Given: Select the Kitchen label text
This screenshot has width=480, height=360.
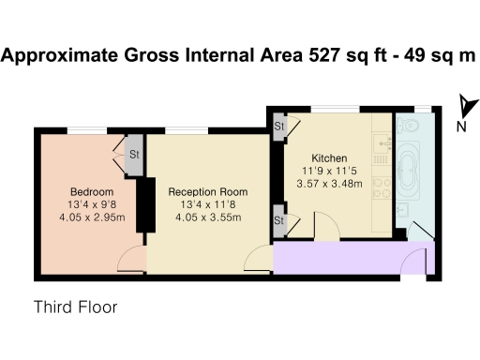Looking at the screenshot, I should pos(329,157).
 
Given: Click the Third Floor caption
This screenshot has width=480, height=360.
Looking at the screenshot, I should pos(75,307).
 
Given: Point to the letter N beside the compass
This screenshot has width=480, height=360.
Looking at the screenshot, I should pos(461,127).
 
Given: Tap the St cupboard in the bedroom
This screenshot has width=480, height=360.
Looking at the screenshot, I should pos(134,156).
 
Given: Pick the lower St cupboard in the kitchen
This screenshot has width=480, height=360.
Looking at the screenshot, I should pos(279,220).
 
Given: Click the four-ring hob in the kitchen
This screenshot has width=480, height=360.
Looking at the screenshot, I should pos(382,187).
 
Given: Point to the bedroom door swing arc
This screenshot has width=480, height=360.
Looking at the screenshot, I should pos(133,261).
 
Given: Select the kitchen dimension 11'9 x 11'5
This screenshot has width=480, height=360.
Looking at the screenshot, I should pos(329,171).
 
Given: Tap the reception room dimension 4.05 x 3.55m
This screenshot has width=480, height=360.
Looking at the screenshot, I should pos(208,219).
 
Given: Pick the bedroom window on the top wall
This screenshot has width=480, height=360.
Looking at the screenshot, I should pos(92,128).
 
